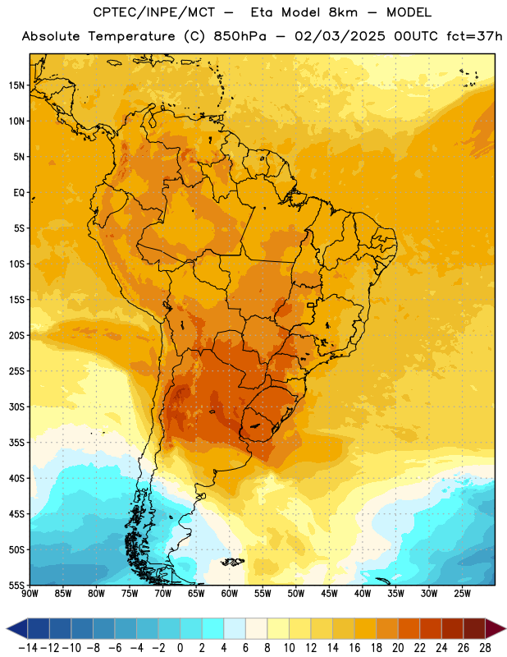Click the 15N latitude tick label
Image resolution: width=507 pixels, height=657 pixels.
point(16,85)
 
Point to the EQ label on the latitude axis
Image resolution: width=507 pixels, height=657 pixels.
point(19,193)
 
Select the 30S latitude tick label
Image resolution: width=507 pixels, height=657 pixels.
point(16,407)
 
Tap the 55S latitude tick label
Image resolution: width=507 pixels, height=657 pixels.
point(16,585)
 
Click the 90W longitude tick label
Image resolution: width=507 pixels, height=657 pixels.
point(30,593)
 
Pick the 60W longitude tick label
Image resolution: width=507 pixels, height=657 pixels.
point(230,593)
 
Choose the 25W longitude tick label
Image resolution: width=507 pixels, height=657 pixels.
point(462,593)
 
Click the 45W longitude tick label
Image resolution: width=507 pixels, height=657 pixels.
point(329,593)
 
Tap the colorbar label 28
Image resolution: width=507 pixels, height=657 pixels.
point(485,648)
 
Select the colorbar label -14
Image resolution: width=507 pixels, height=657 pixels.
point(28,648)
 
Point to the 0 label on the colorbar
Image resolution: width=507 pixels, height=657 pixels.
point(180,648)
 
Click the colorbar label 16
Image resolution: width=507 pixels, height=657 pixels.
point(354,648)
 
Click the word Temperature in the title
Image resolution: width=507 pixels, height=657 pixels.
point(131,36)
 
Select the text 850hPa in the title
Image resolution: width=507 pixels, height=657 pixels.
point(240,36)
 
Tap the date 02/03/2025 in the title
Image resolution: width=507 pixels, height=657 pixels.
point(340,36)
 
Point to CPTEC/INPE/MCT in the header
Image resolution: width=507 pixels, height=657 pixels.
point(154,12)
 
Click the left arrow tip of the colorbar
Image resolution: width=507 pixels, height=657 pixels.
point(7,628)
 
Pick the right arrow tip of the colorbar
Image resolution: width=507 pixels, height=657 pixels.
point(505,628)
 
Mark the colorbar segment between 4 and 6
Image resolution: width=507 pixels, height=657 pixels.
point(235,628)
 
